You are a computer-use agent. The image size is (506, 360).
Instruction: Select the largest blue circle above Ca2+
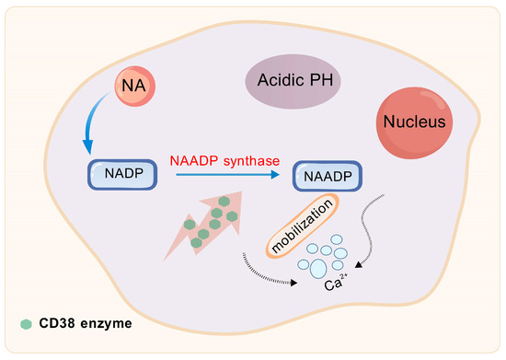click(x=316, y=268)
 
